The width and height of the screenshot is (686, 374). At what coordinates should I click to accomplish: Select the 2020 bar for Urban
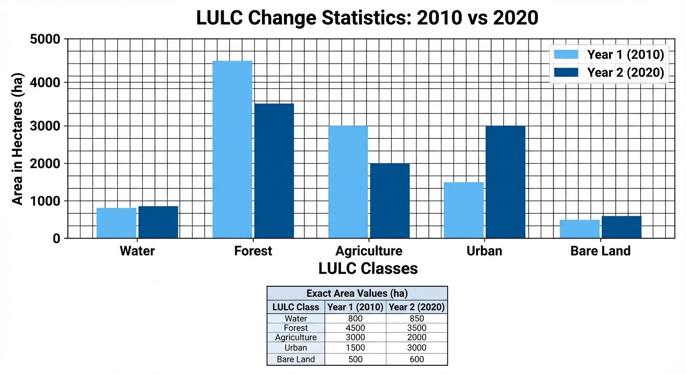(505, 182)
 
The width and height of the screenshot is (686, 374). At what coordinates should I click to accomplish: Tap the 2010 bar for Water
(116, 223)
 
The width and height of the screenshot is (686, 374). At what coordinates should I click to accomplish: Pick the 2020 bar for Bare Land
(621, 227)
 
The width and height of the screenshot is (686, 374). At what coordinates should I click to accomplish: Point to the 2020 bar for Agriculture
(389, 201)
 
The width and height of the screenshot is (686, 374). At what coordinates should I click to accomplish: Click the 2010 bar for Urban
(463, 210)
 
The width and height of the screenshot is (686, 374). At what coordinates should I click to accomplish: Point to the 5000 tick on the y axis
(45, 39)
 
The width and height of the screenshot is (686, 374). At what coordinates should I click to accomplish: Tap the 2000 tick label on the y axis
(45, 164)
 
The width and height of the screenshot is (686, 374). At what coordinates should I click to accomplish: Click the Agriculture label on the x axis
(369, 251)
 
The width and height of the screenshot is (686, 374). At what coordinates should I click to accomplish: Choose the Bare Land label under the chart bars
(600, 251)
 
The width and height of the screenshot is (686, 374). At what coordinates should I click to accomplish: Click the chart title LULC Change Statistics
(367, 18)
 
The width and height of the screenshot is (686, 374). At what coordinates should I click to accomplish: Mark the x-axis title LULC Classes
(368, 268)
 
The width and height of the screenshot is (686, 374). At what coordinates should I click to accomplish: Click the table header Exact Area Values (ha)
(357, 293)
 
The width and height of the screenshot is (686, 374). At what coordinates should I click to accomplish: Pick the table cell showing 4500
(355, 328)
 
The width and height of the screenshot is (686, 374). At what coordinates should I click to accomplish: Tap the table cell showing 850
(417, 318)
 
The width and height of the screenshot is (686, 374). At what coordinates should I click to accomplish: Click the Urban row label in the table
(296, 348)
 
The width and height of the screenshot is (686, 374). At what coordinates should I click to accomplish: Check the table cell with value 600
(417, 359)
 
